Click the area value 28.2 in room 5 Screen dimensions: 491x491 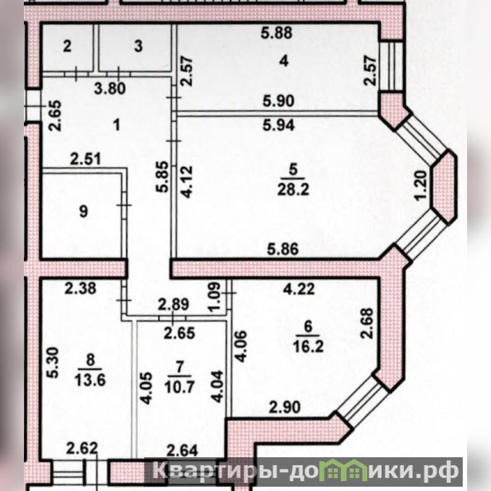click(x=293, y=190)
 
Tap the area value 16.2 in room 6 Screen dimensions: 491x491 click(x=309, y=347)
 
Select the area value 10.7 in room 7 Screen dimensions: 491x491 click(x=180, y=387)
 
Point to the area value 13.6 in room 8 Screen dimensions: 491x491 click(x=90, y=381)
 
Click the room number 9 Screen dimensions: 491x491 click(x=83, y=212)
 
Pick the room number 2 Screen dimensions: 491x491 click(x=67, y=47)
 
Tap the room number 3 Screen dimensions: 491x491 click(x=139, y=47)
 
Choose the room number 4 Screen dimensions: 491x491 click(x=284, y=61)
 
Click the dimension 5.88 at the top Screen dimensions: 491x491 click(x=277, y=33)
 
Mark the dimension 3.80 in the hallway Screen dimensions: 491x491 click(x=110, y=88)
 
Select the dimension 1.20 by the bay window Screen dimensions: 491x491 click(x=420, y=185)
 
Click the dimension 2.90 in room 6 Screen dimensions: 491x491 click(x=285, y=408)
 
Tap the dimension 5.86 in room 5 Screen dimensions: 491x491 click(x=283, y=249)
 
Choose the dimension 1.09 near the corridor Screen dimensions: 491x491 click(x=215, y=298)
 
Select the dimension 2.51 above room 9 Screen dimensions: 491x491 click(x=85, y=159)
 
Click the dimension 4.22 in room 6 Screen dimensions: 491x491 click(x=299, y=289)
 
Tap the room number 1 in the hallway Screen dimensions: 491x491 click(x=117, y=126)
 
